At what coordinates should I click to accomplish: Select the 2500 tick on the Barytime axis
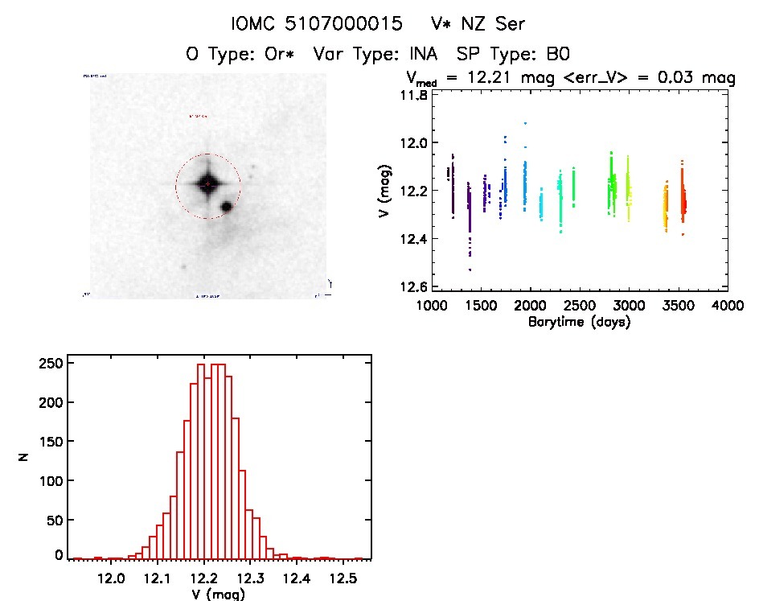click(x=579, y=306)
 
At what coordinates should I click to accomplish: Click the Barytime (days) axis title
click(x=579, y=322)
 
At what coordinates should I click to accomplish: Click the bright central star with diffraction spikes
click(x=207, y=184)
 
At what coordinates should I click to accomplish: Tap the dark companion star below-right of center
click(x=226, y=207)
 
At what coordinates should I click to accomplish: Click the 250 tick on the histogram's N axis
click(x=52, y=364)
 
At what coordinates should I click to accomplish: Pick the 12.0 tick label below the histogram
click(x=111, y=578)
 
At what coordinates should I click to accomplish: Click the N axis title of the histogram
click(x=26, y=459)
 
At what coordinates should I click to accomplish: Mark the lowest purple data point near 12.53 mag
click(x=470, y=270)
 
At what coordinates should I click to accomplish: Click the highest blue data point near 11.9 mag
click(x=525, y=123)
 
